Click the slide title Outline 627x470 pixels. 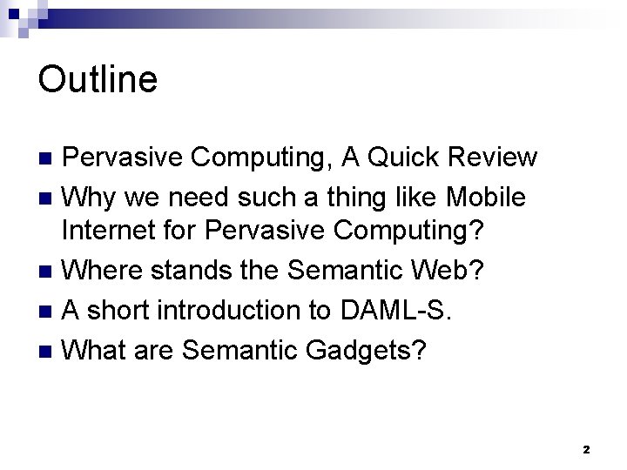98,80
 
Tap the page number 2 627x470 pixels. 586,450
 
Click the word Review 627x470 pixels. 493,158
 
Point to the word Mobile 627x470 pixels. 485,198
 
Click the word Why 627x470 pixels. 92,198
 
